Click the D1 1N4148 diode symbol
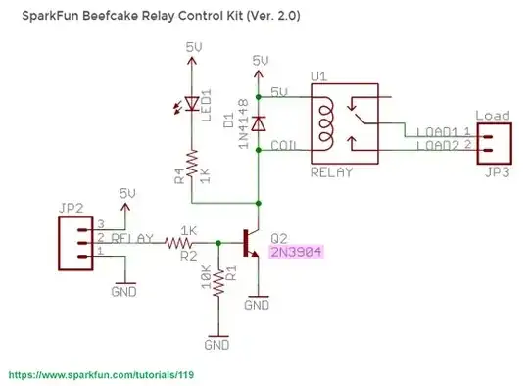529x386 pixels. click(259, 123)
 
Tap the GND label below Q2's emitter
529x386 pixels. click(257, 306)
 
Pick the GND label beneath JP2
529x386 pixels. click(124, 292)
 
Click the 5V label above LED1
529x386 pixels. click(193, 45)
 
